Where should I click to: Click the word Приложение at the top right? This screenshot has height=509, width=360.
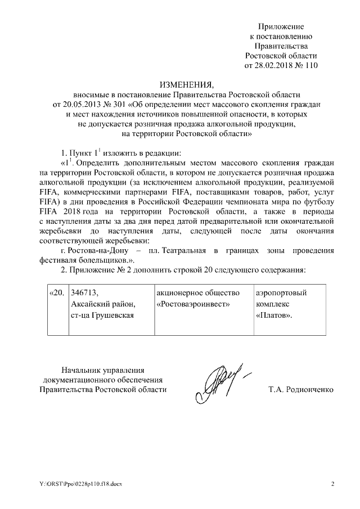click(281, 26)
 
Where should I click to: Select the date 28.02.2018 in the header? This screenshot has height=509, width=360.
click(274, 65)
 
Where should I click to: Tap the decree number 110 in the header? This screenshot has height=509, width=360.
click(311, 65)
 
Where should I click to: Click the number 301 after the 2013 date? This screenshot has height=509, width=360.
click(121, 104)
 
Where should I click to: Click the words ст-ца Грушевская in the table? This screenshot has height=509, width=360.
click(101, 314)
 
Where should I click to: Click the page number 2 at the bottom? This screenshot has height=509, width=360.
click(332, 483)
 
